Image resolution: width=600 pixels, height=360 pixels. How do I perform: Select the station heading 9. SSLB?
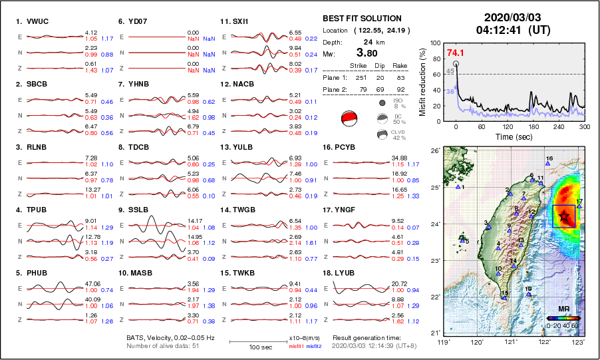[x=133, y=210]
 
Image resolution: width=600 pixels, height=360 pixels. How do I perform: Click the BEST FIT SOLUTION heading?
[x=362, y=19]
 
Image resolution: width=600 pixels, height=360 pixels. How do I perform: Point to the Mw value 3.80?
[x=367, y=53]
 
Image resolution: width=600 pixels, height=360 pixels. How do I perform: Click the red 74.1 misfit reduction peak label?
[x=455, y=53]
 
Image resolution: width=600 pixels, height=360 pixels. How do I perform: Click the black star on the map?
[x=564, y=216]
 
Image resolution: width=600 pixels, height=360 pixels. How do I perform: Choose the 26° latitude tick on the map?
[x=433, y=151]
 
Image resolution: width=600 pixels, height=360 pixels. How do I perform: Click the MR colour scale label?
[x=563, y=309]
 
